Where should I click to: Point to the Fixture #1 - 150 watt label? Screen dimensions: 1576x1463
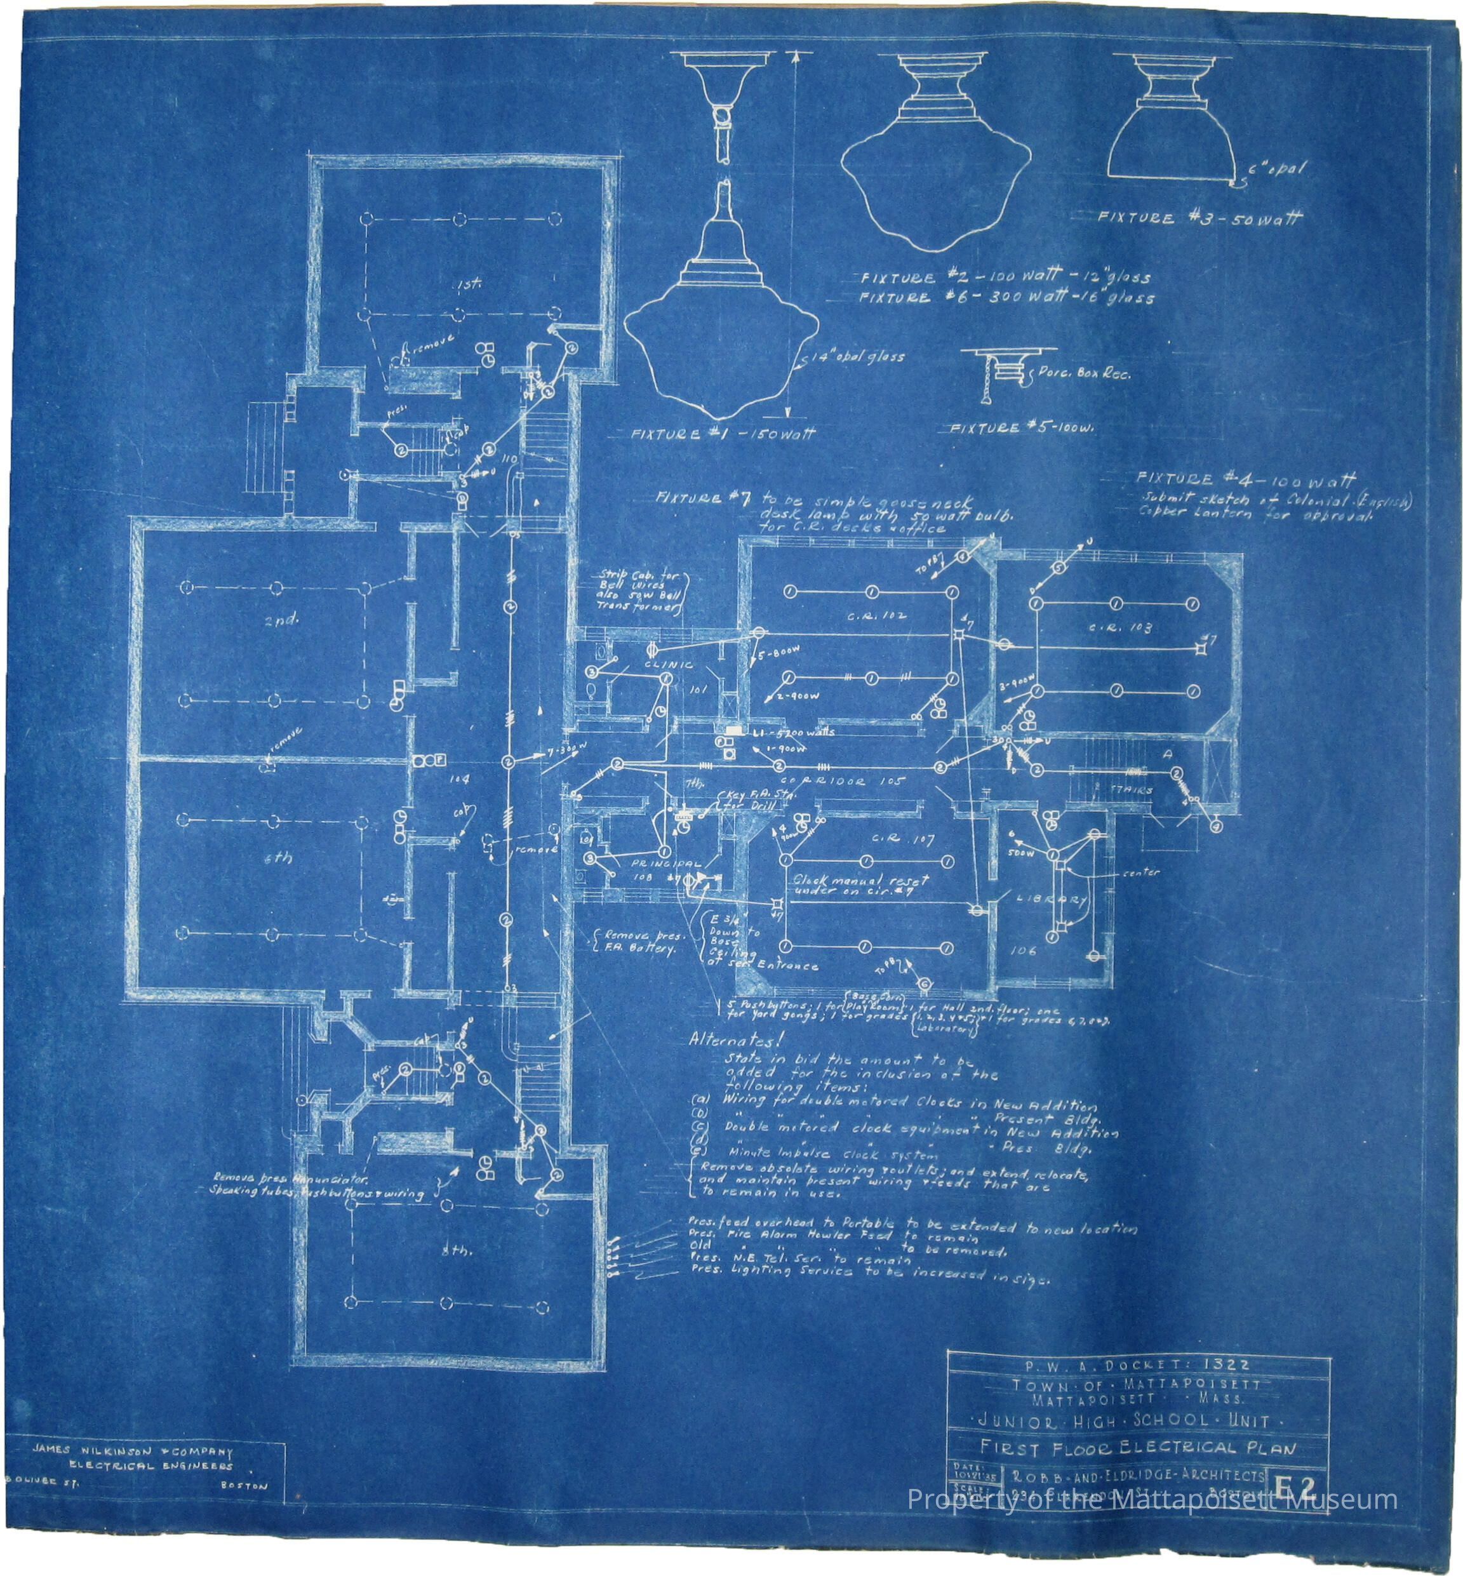point(722,434)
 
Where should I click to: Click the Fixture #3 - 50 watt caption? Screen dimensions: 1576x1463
point(1198,218)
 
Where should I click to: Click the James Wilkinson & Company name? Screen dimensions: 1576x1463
point(133,1452)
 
